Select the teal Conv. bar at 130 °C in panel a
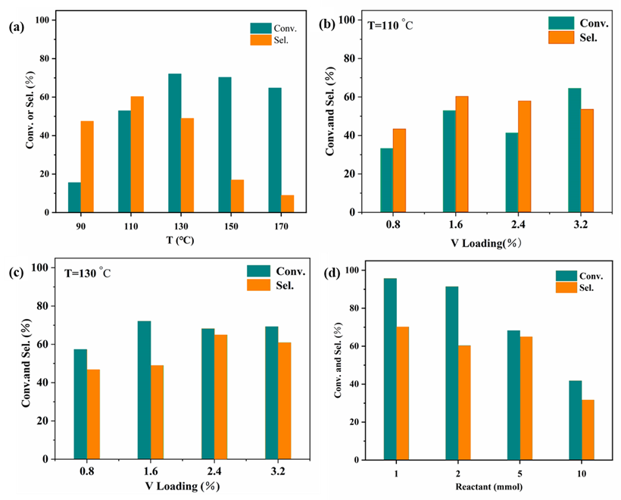click(x=174, y=143)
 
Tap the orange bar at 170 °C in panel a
click(x=287, y=204)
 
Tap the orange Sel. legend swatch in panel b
click(x=562, y=37)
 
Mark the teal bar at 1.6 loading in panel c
click(x=144, y=389)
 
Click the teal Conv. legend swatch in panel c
click(x=260, y=271)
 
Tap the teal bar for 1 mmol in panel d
click(x=390, y=368)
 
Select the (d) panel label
click(x=330, y=273)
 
